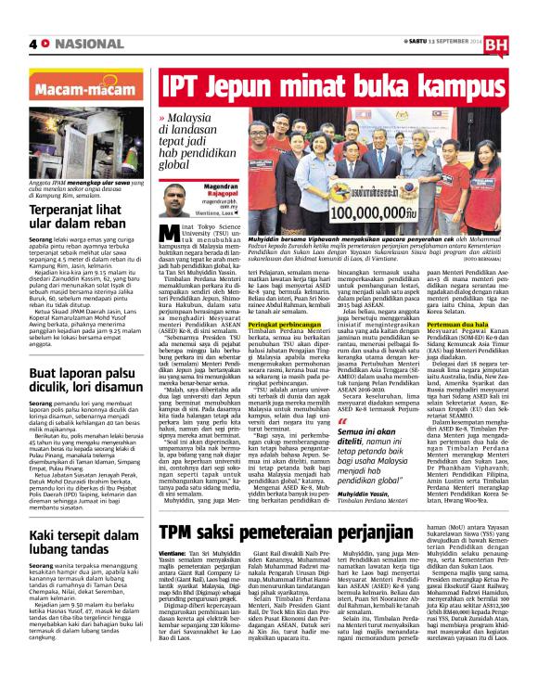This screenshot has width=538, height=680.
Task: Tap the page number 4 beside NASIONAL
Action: coord(33,44)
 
